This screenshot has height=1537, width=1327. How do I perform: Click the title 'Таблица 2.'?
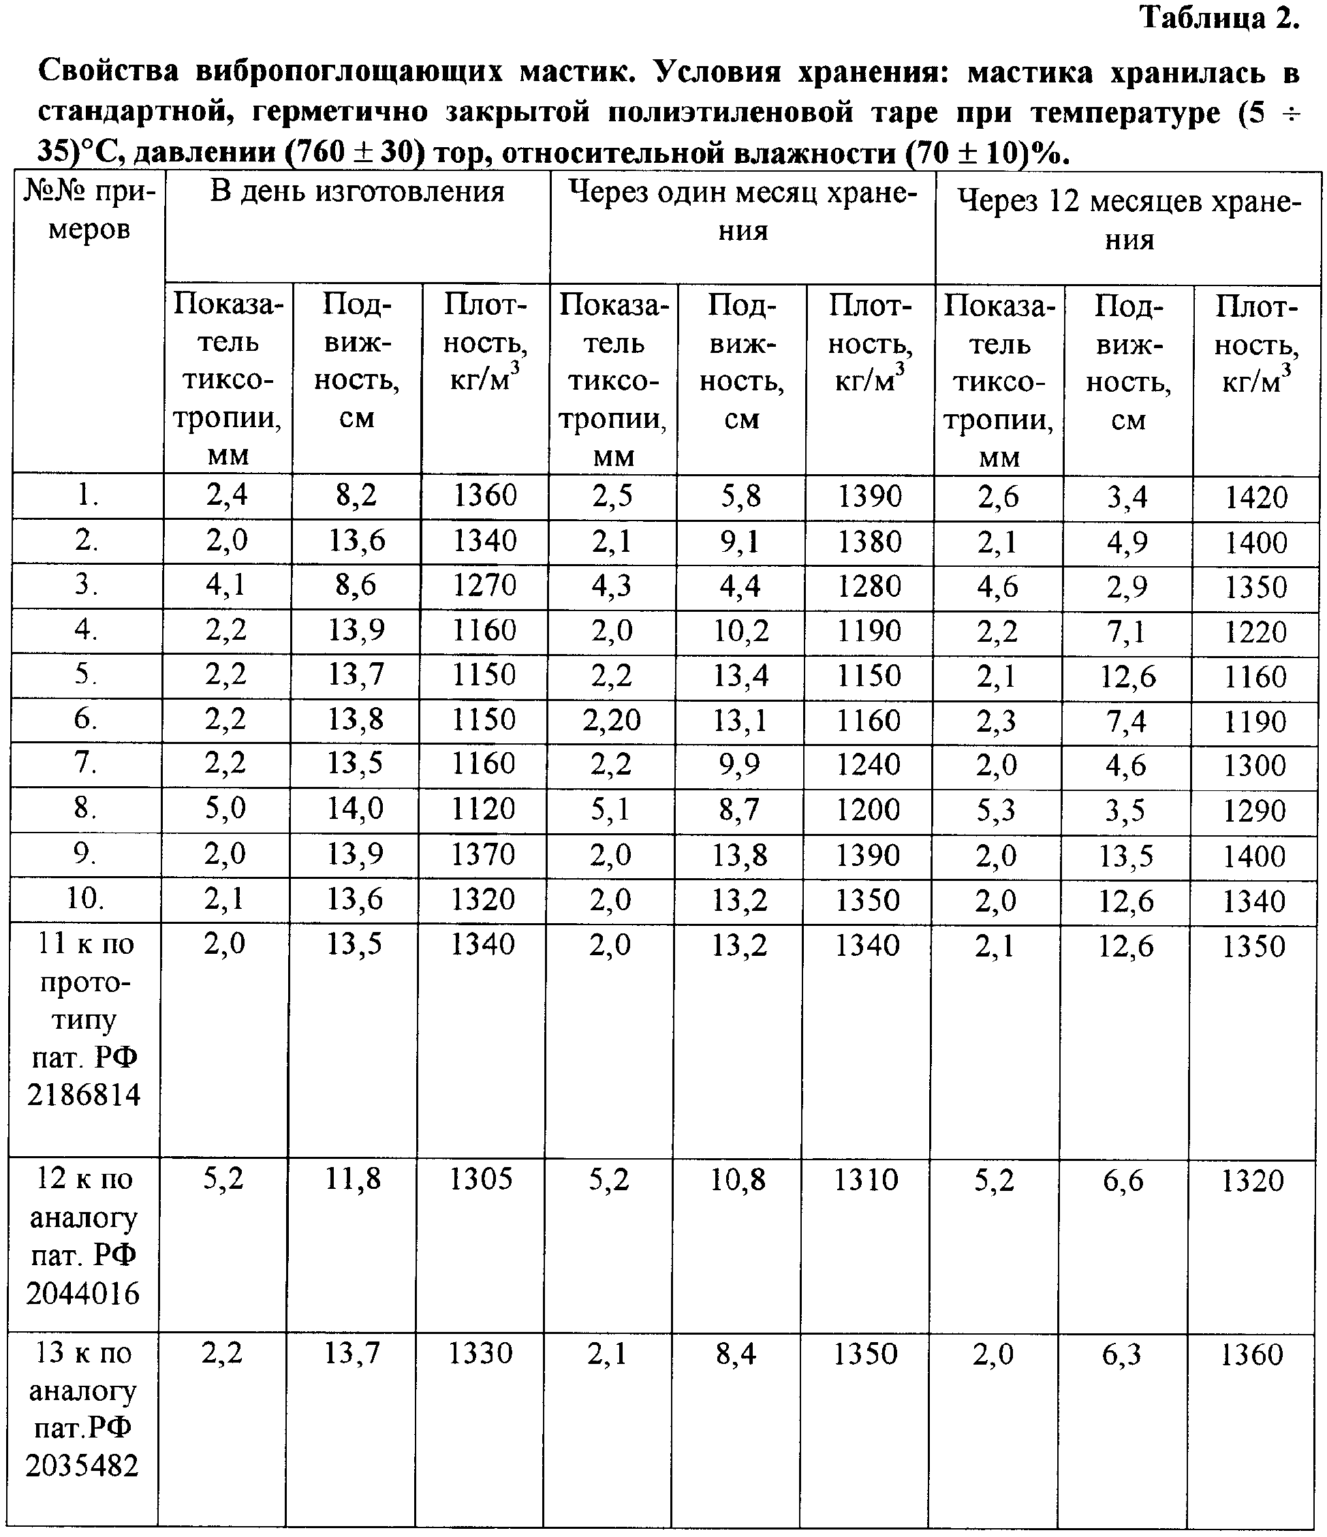click(1219, 18)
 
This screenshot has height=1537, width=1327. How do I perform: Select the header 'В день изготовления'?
click(357, 192)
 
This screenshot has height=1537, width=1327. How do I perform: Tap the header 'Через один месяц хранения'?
click(743, 211)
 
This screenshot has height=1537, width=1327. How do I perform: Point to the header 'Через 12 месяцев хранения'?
click(1129, 220)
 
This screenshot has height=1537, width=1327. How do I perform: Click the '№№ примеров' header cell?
click(89, 211)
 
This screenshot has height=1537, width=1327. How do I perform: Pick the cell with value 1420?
click(1255, 497)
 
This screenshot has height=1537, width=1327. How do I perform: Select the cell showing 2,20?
click(611, 720)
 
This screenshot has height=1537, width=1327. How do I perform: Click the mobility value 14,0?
click(356, 809)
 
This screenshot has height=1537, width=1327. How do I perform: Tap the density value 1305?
click(482, 1179)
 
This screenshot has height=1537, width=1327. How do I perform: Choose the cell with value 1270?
click(484, 586)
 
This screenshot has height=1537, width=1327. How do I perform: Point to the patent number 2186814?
click(84, 1095)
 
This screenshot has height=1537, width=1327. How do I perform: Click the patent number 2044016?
click(83, 1293)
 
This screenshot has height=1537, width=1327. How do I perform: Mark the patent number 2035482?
click(82, 1465)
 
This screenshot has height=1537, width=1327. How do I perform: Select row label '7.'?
click(87, 763)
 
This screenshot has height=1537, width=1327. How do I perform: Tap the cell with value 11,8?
click(353, 1179)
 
